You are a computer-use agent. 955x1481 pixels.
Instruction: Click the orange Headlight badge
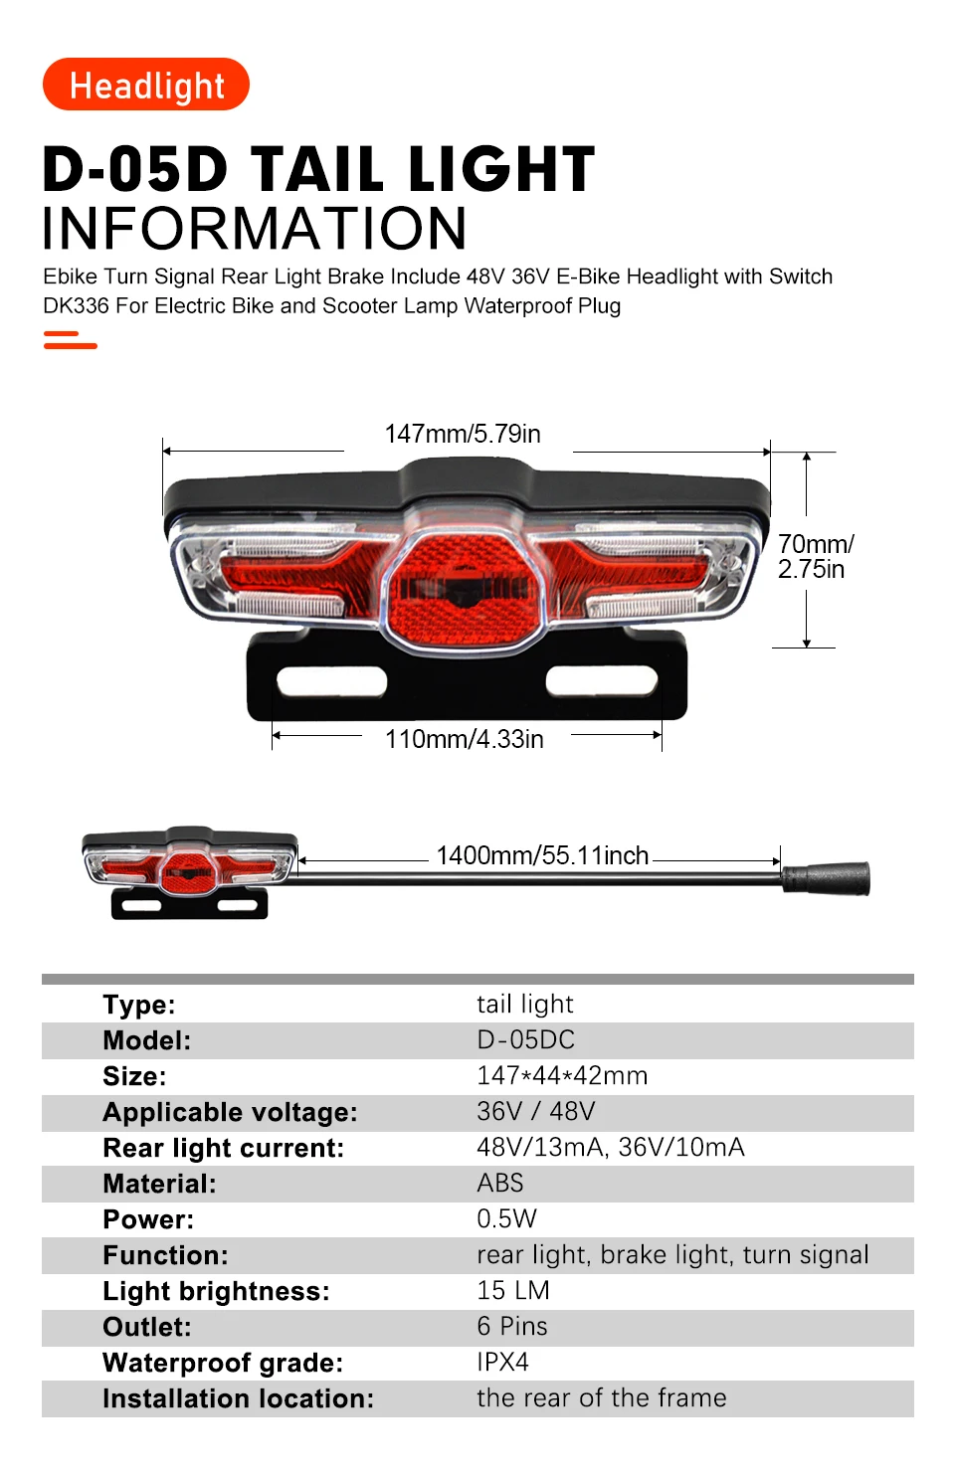(146, 86)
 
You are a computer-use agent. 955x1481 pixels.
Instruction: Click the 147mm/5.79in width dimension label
(463, 435)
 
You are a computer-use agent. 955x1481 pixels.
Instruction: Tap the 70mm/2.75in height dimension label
(815, 557)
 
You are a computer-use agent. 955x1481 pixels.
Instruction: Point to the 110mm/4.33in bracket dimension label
(464, 739)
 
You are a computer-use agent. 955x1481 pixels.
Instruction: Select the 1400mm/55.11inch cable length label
(542, 855)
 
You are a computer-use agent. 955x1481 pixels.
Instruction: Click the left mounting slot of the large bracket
(331, 681)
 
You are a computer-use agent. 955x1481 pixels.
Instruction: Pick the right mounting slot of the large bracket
(602, 681)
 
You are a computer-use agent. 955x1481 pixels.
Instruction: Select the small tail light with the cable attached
(189, 869)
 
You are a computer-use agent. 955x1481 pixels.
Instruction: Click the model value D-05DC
(525, 1040)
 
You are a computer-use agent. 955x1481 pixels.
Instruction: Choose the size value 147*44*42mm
(562, 1076)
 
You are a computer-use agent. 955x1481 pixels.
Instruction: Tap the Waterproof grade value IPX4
(502, 1363)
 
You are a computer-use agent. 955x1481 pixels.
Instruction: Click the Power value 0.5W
(506, 1219)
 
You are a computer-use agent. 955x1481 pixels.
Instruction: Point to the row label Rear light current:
(223, 1149)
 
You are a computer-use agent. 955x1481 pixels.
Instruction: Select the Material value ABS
(499, 1184)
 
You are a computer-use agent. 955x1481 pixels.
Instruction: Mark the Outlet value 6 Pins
(511, 1327)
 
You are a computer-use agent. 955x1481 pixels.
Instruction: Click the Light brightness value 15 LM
(512, 1291)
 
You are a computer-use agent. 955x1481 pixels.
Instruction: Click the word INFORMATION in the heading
(255, 229)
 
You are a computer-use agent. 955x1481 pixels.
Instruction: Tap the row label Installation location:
(238, 1399)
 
